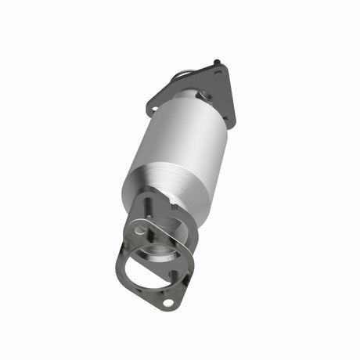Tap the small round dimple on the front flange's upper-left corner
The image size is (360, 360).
139,231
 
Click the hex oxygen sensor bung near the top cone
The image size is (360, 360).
206,95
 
